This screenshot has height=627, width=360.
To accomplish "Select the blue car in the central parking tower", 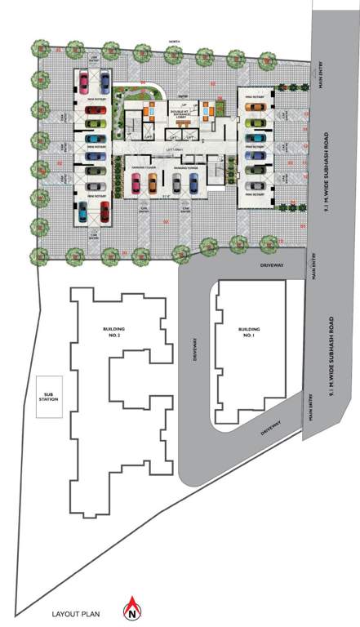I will [x=194, y=187].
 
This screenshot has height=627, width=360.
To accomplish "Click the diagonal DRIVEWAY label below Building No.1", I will [x=266, y=428].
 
